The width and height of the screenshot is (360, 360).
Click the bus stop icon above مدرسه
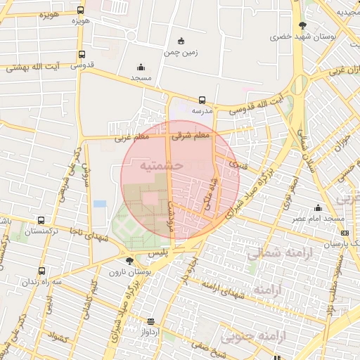pyautogui.click(x=202, y=100)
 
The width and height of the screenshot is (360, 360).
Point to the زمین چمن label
pyautogui.click(x=181, y=53)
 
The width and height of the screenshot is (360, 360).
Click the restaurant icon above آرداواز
pyautogui.click(x=150, y=320)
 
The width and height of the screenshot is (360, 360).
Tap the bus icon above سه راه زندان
pyautogui.click(x=41, y=271)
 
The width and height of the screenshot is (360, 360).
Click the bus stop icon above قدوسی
pyautogui.click(x=82, y=54)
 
